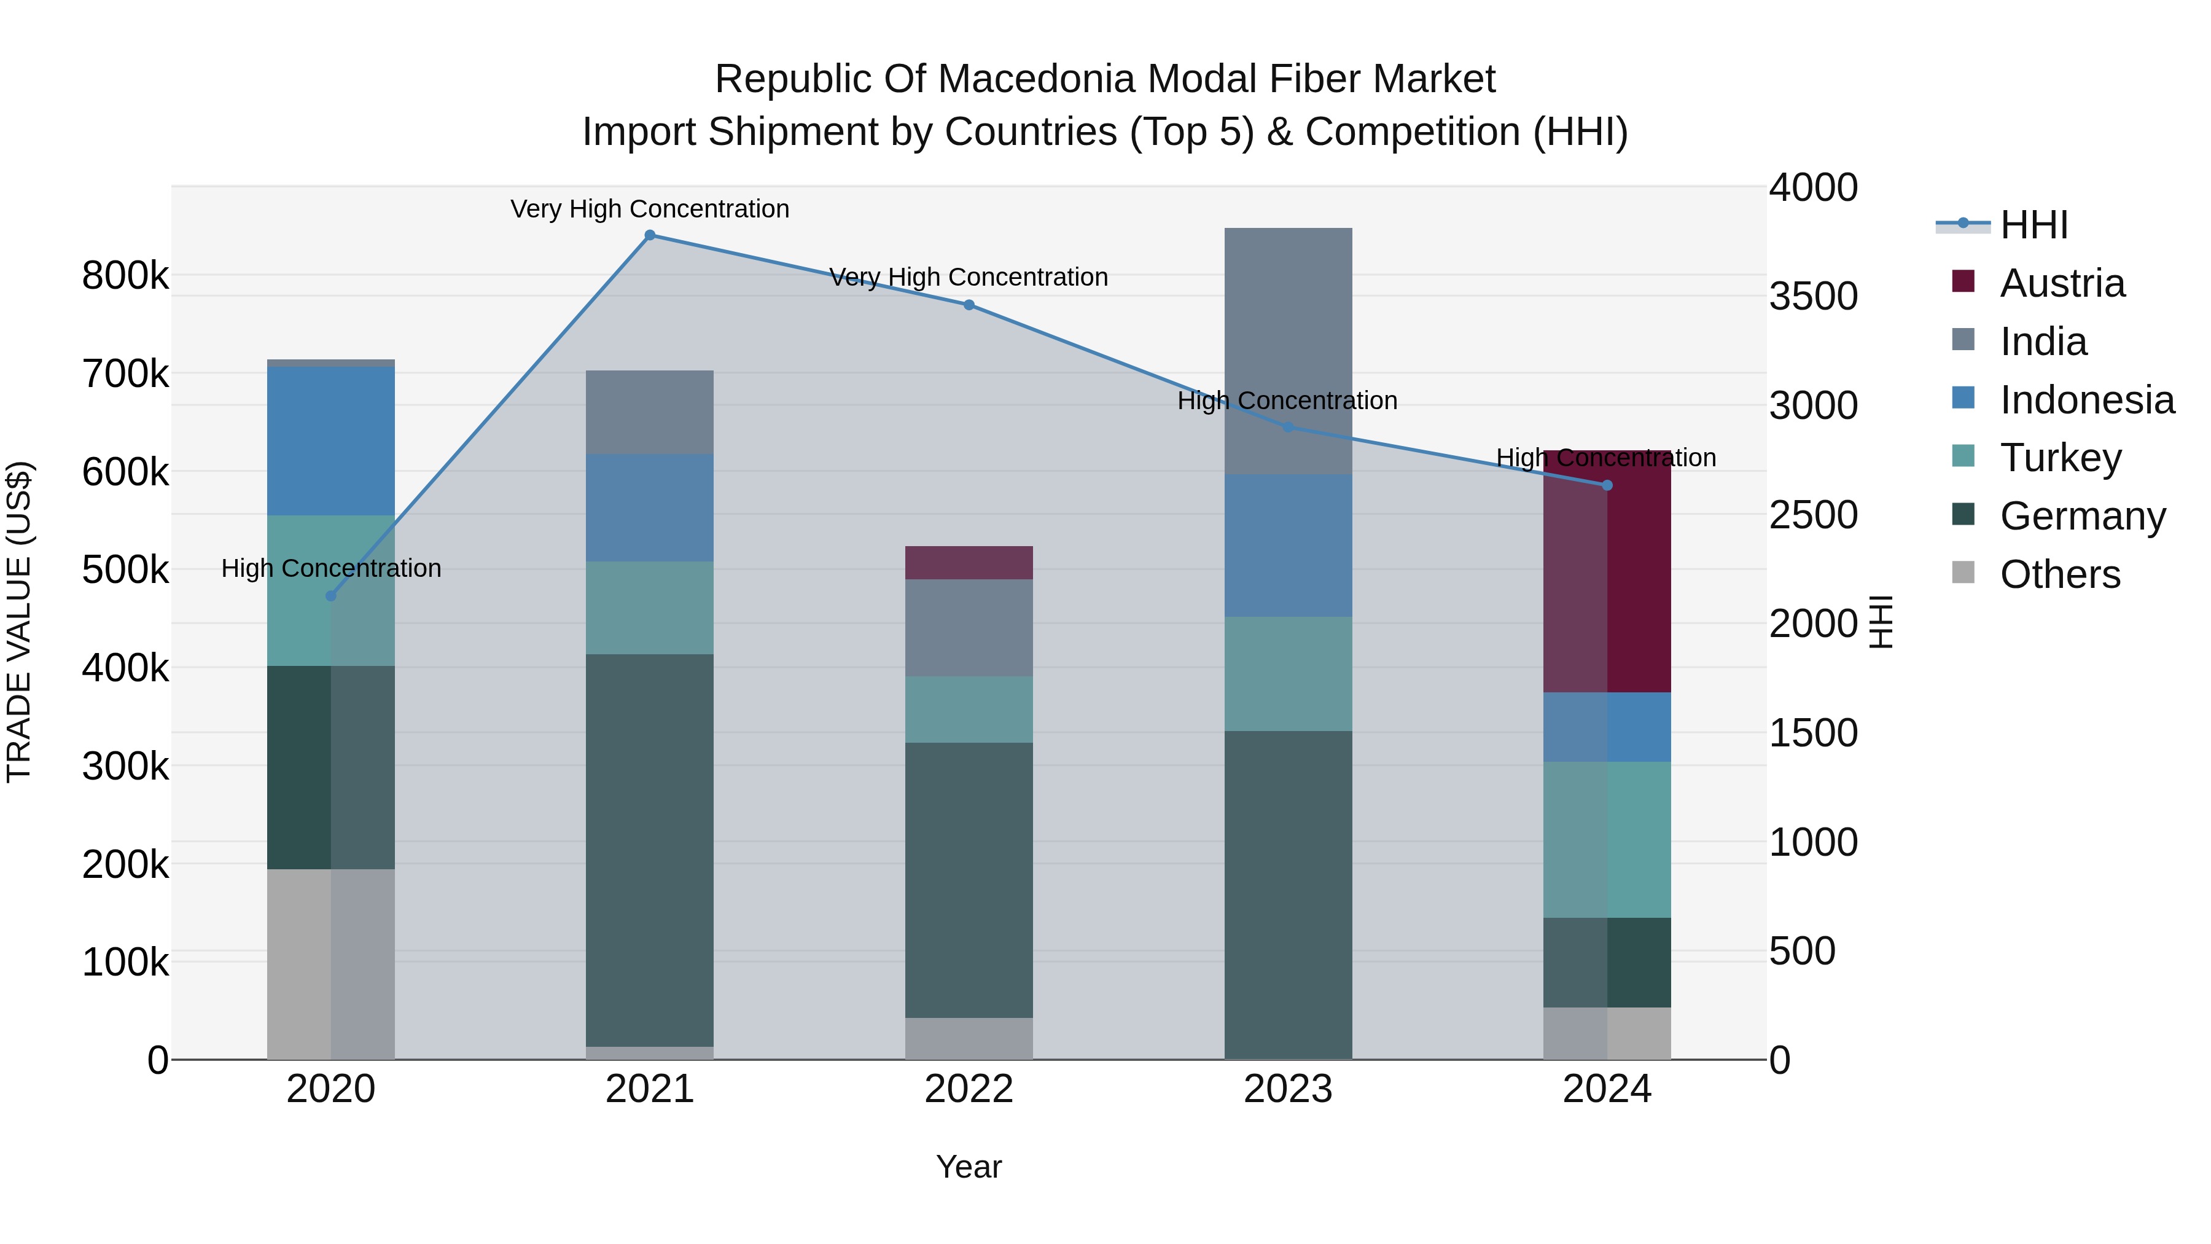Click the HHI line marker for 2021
click(x=650, y=235)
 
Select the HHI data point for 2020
click(x=331, y=596)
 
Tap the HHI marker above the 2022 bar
click(x=969, y=305)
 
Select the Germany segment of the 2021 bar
click(x=650, y=850)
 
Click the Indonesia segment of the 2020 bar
click(x=331, y=440)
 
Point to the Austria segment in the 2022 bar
click(x=969, y=562)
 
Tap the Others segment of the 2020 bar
click(x=331, y=963)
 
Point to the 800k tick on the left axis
click(x=125, y=276)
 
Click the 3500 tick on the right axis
click(x=1813, y=296)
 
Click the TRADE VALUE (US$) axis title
click(x=19, y=622)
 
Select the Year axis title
click(x=969, y=1167)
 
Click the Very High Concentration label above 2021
click(x=650, y=209)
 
